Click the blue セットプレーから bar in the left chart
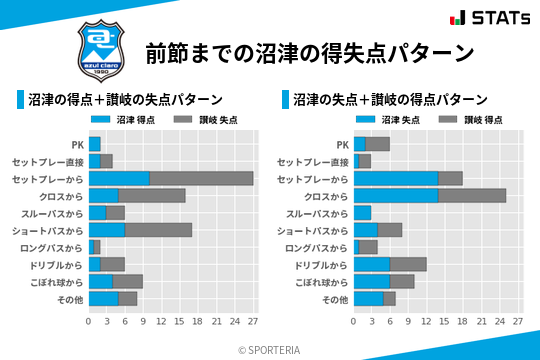pos(119,178)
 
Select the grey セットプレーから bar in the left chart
pos(201,178)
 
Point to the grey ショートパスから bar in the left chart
pos(158,229)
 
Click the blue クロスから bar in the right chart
pos(396,195)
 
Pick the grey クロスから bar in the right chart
pos(472,195)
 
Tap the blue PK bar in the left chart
pos(95,144)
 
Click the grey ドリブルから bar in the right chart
pos(408,264)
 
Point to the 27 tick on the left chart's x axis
pos(253,321)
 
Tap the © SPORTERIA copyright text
pos(270,349)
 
